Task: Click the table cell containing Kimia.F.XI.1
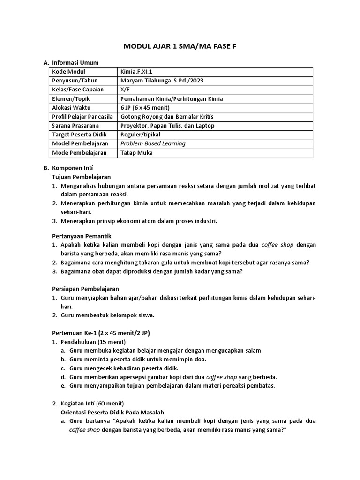[136, 72]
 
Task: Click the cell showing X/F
[125, 89]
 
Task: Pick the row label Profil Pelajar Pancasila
[82, 116]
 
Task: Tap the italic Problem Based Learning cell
[153, 143]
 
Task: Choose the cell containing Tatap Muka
[136, 153]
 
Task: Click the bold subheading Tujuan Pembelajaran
[81, 177]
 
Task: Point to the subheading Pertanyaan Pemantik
[82, 235]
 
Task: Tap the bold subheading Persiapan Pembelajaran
[85, 289]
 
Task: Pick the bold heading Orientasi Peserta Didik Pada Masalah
[112, 412]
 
